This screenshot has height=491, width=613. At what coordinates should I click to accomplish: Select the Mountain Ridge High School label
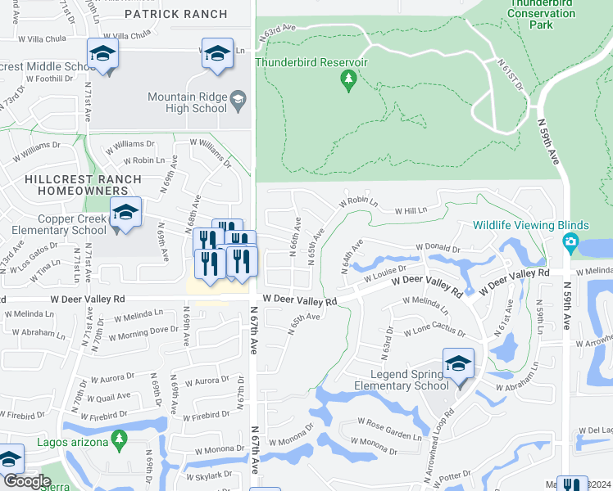click(187, 102)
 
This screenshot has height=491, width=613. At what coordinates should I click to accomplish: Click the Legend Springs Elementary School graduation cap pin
click(458, 363)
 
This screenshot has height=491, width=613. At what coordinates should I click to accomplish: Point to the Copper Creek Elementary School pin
click(125, 214)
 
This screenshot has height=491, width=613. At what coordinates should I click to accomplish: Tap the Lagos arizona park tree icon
click(120, 439)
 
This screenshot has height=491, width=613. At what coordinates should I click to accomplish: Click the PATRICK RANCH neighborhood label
click(176, 15)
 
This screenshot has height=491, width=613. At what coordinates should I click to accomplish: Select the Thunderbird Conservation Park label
click(541, 13)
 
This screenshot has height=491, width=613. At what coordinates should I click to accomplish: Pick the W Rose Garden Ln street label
click(389, 428)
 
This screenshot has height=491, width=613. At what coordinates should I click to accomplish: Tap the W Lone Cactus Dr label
click(434, 333)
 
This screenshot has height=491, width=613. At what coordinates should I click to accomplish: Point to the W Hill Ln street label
click(411, 211)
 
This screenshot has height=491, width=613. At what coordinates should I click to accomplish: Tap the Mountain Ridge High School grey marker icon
click(238, 99)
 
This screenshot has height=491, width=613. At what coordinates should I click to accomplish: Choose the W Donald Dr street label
click(438, 247)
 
